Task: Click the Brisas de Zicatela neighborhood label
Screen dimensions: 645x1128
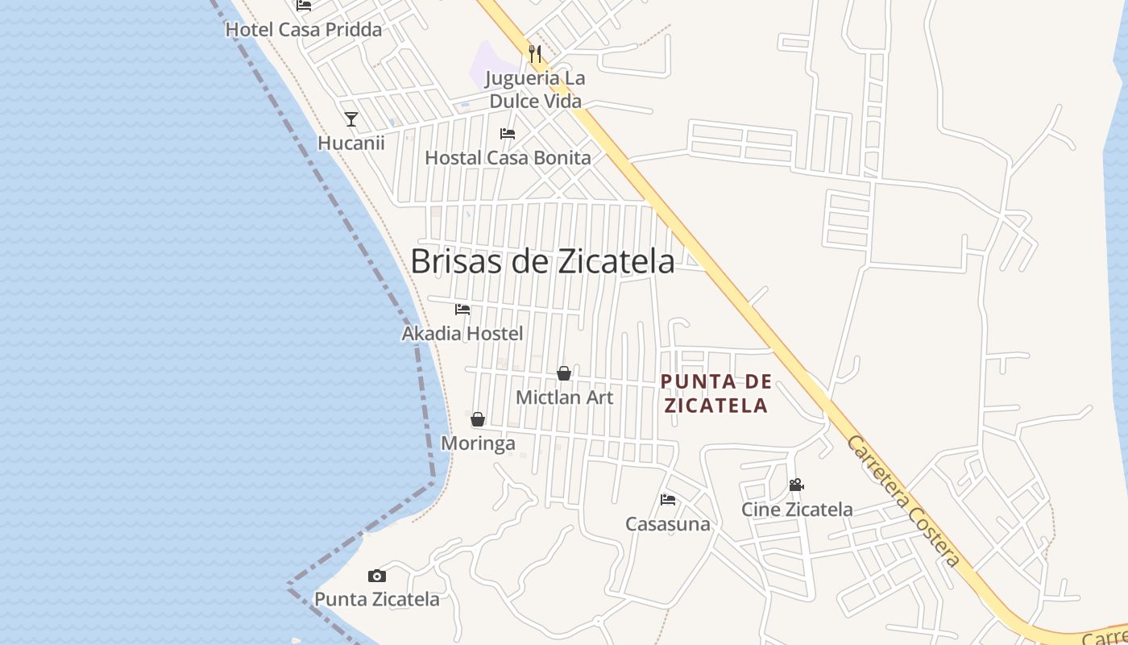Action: point(542,261)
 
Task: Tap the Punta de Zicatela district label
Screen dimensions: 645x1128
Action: point(715,393)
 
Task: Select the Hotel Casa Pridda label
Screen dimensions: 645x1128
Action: point(303,30)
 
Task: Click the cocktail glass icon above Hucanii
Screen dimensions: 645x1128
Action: point(351,119)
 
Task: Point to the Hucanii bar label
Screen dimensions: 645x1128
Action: point(351,144)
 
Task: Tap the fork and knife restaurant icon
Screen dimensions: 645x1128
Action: point(535,54)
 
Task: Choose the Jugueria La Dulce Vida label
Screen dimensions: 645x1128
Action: point(536,89)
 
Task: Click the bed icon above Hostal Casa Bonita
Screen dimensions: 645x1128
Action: point(508,134)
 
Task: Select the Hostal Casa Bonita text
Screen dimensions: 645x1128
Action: point(508,158)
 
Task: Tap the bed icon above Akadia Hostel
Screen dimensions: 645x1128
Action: point(462,310)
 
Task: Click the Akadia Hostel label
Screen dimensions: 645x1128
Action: point(462,333)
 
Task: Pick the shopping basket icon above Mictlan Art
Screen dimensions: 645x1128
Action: point(564,373)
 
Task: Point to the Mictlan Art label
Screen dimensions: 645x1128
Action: point(564,397)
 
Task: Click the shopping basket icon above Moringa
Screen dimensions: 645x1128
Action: point(478,419)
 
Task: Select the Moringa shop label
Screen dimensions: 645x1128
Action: point(478,443)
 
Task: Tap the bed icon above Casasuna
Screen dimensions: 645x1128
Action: point(668,500)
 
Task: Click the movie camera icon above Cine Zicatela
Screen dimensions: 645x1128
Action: point(796,485)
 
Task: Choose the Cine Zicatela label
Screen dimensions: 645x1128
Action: point(797,510)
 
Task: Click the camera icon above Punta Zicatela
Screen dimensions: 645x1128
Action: point(376,576)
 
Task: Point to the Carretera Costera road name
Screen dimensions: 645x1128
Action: point(903,501)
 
